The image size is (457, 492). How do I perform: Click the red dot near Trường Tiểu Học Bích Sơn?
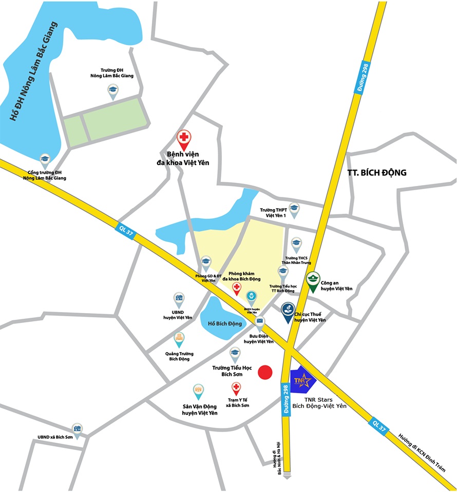(x=265, y=373)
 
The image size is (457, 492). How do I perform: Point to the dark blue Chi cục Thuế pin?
(x=288, y=312)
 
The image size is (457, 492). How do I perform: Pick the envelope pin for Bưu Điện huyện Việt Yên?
(x=260, y=322)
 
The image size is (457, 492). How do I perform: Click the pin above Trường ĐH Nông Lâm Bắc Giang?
(x=112, y=91)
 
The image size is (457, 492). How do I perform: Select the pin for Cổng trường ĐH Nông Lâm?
(x=45, y=160)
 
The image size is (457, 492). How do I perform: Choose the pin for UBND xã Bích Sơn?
(x=77, y=429)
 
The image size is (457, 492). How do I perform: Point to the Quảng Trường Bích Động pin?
(x=179, y=339)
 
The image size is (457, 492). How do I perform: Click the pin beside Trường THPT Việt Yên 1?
(x=294, y=208)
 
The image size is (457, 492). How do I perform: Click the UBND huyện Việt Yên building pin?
(x=178, y=299)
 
